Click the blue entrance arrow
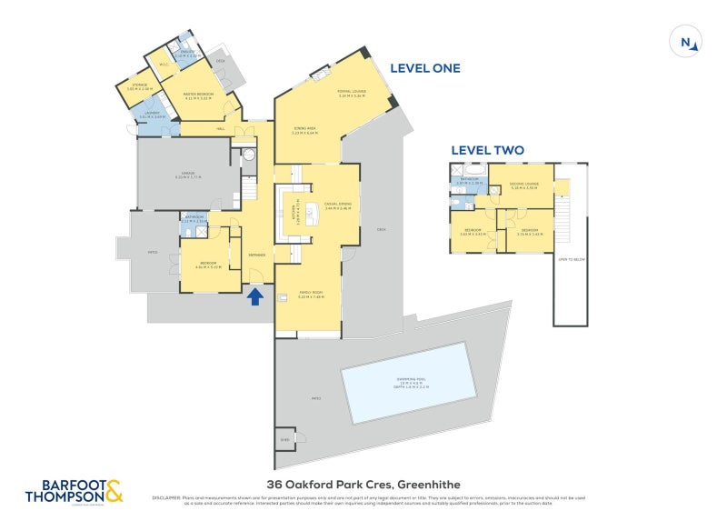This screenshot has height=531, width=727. coord(255,296)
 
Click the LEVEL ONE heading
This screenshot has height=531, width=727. coord(424,68)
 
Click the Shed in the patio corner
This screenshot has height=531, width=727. coord(284,438)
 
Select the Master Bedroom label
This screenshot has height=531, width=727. coord(197,95)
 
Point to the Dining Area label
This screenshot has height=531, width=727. coord(304,130)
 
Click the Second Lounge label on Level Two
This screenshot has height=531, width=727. coord(524,185)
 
